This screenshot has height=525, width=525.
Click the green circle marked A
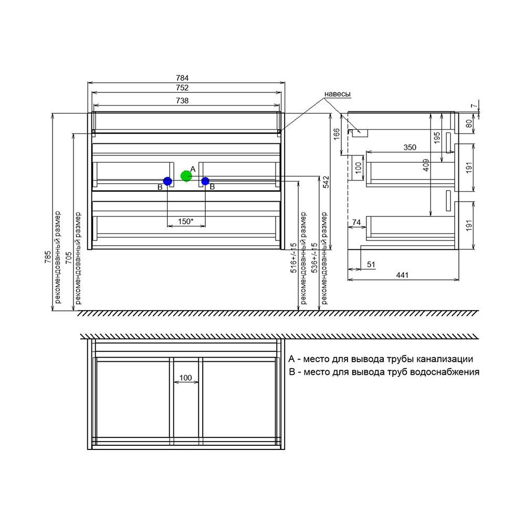tap(186, 176)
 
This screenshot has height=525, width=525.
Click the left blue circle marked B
tap(167, 181)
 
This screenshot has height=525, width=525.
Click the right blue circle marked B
tap(205, 181)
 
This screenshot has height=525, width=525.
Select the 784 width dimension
tap(182, 78)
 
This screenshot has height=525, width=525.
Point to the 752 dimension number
tap(182, 88)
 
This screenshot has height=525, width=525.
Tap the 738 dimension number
tap(182, 100)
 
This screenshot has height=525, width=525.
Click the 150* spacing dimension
tap(185, 222)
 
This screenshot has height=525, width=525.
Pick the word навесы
tap(338, 94)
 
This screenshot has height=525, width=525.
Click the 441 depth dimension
tap(402, 275)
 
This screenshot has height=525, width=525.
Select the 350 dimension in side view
tap(410, 148)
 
